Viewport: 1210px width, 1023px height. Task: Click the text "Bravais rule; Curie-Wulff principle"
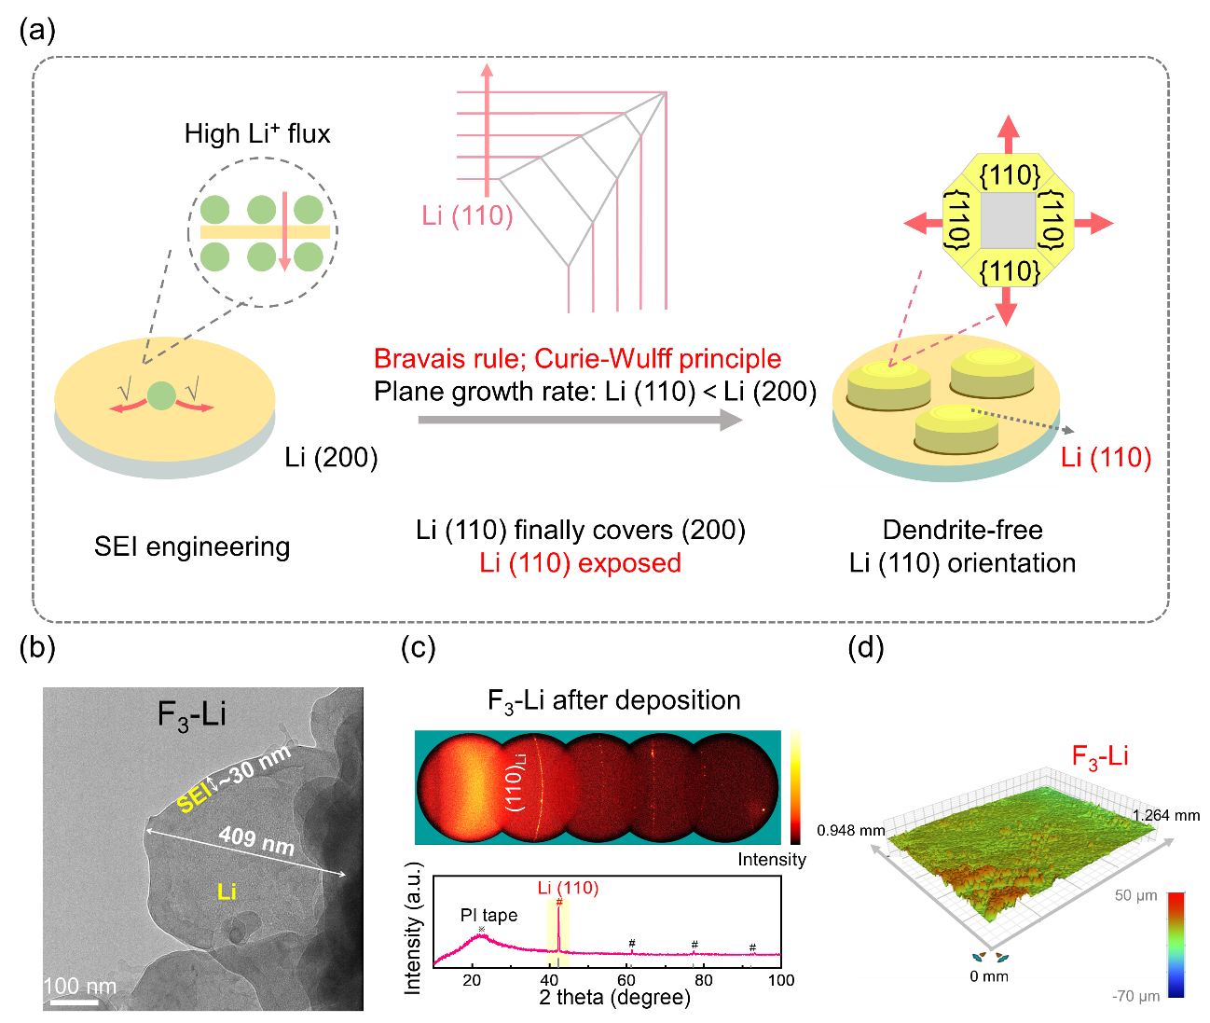tap(577, 359)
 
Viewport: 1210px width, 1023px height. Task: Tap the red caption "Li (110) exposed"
tap(580, 563)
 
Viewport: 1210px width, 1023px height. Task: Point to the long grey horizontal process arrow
tap(579, 421)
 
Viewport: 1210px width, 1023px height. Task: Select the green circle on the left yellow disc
tap(160, 396)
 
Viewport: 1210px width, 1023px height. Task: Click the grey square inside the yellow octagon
tap(1009, 222)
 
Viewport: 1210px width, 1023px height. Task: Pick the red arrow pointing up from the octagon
tap(1008, 134)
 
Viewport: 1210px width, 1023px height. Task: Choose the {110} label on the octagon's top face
tap(1010, 174)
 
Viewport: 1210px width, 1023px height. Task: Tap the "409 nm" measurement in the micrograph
tap(256, 839)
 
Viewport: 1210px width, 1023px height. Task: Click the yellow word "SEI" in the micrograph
tap(192, 799)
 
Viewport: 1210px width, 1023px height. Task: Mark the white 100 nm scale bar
tap(75, 1002)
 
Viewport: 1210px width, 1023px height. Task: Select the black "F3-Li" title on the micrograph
tap(192, 715)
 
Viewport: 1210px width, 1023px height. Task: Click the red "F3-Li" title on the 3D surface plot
tap(1100, 756)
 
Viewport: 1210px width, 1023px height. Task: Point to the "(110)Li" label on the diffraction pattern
tap(517, 787)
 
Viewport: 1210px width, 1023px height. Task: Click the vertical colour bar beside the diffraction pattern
tap(795, 786)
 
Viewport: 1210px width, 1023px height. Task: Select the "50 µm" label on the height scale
tap(1135, 895)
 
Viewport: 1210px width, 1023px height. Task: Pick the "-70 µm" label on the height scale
tap(1135, 996)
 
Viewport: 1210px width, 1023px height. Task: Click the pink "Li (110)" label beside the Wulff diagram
tap(467, 215)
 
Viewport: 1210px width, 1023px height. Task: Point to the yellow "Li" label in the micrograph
tap(226, 892)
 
